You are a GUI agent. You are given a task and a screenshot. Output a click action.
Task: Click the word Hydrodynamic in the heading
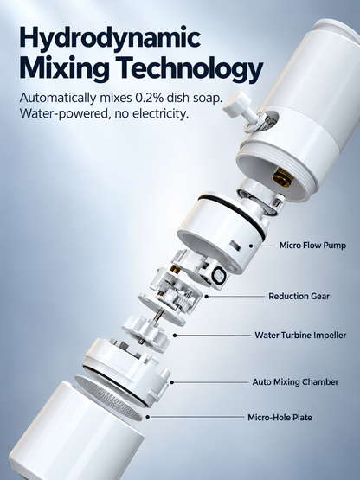tap(110, 38)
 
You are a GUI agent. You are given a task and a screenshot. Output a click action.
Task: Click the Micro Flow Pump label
tap(312, 246)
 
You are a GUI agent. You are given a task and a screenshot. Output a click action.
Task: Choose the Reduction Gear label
tap(299, 297)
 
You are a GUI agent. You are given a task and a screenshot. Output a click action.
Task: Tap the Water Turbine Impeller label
tap(300, 335)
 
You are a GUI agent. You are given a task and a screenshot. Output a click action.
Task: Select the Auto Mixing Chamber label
tap(295, 381)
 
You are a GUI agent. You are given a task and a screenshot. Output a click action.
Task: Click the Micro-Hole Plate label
tap(280, 417)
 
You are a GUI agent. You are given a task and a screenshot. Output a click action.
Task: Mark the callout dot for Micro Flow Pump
tap(251, 246)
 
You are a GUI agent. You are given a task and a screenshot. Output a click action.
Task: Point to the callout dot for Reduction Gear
tap(207, 297)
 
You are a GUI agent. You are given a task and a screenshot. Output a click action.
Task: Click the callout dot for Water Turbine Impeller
tap(175, 336)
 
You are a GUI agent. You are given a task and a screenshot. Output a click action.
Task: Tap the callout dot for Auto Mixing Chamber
tap(172, 382)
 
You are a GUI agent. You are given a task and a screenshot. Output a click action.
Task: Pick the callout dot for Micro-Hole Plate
tap(148, 417)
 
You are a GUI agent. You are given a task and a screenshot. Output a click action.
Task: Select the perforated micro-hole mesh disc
tap(109, 398)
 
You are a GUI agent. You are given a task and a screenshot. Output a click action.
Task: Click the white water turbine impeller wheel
tap(146, 335)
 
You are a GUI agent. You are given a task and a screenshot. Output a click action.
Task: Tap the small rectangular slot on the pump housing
tap(235, 246)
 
